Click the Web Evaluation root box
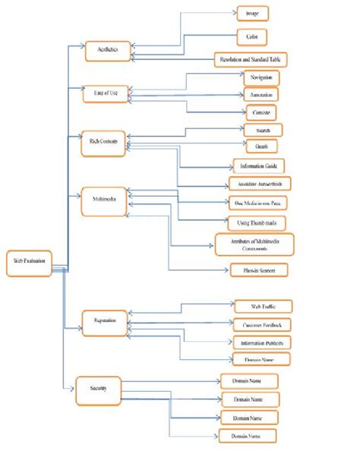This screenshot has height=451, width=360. click(x=29, y=260)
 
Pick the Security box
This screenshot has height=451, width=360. click(x=97, y=389)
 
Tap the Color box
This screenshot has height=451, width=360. click(x=251, y=36)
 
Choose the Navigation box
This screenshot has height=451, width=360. click(x=261, y=78)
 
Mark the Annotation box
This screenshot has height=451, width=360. click(x=261, y=95)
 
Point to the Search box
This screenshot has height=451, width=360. click(x=263, y=130)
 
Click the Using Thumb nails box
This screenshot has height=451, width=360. click(x=255, y=222)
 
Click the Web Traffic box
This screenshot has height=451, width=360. click(x=262, y=307)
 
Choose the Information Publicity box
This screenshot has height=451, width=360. click(x=264, y=342)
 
